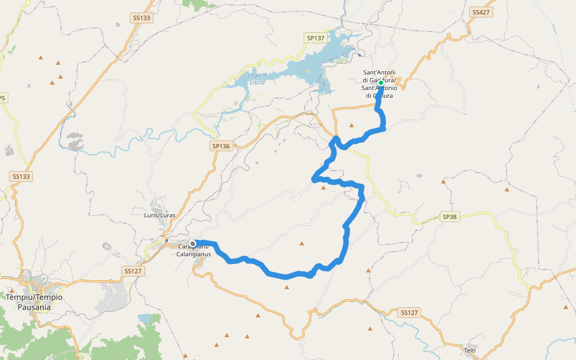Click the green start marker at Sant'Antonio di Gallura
[381, 83]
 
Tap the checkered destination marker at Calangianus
[193, 244]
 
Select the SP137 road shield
[316, 38]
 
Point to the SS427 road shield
[481, 12]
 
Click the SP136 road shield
[221, 146]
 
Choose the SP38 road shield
[450, 216]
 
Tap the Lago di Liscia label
[257, 78]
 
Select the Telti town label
[470, 349]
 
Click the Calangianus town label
[193, 250]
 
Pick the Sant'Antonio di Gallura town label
[379, 84]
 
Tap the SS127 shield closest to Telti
[409, 313]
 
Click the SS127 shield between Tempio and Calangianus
[133, 271]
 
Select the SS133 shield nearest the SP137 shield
[142, 18]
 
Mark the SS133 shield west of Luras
[21, 176]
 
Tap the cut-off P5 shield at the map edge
[3, 98]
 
